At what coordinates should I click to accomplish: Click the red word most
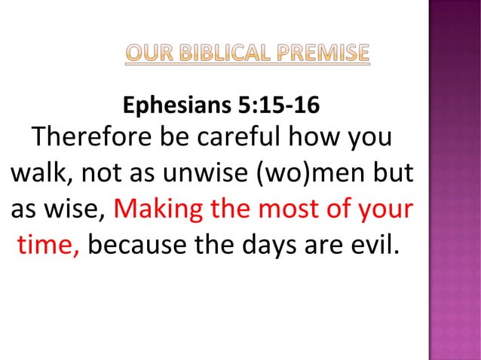(291, 209)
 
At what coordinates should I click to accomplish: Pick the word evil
(371, 243)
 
